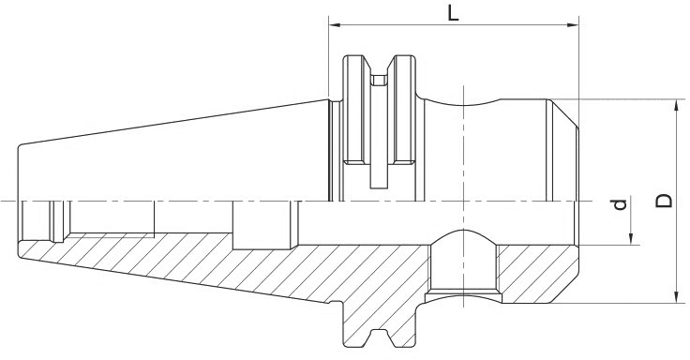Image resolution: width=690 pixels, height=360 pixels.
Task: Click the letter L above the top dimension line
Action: pyautogui.click(x=453, y=15)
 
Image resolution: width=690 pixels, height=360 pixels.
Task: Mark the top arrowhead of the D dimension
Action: pyautogui.click(x=675, y=105)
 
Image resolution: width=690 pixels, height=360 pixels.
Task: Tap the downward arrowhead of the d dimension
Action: pyautogui.click(x=633, y=239)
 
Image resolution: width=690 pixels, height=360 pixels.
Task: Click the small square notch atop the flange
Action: pyautogui.click(x=379, y=81)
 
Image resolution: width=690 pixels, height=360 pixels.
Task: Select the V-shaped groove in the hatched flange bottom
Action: pyautogui.click(x=379, y=335)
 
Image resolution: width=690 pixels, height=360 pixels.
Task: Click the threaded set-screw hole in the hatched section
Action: pyautogui.click(x=463, y=272)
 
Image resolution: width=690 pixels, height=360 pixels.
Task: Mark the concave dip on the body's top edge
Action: pyautogui.click(x=463, y=100)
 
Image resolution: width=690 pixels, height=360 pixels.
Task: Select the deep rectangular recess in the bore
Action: pyautogui.click(x=263, y=225)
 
